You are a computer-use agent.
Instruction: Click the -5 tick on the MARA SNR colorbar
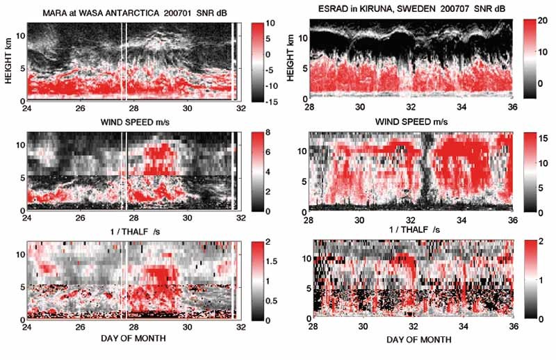pyautogui.click(x=254, y=61)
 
